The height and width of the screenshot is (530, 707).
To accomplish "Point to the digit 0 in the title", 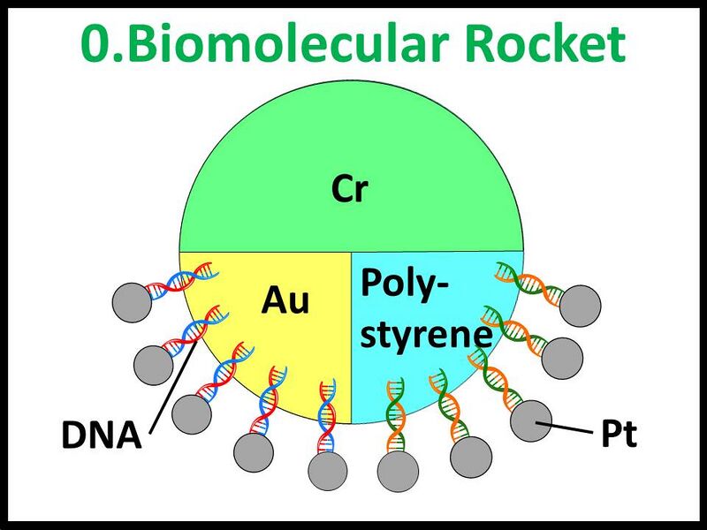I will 100,42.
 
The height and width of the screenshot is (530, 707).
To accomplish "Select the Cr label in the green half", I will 349,188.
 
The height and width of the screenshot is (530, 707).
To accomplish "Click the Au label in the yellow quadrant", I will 285,301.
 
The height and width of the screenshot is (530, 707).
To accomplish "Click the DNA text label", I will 100,435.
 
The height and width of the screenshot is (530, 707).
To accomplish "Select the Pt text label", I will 619,435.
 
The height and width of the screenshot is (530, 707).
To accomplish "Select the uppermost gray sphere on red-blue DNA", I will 133,301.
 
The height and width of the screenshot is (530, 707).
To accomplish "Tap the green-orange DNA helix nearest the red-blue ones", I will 394,415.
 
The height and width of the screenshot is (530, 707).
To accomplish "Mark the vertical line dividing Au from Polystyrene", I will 352,336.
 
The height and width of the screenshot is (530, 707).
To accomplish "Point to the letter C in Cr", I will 341,188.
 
